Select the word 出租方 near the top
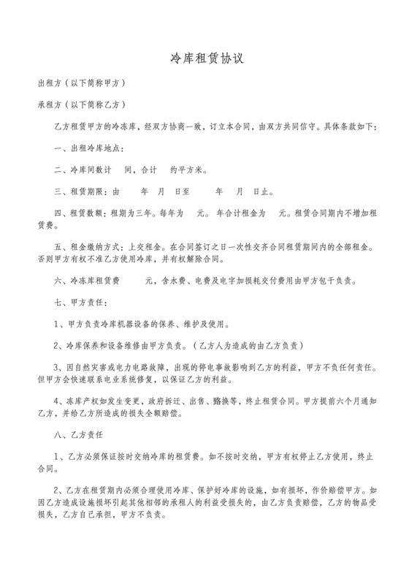(x=50, y=84)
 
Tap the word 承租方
(x=50, y=105)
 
